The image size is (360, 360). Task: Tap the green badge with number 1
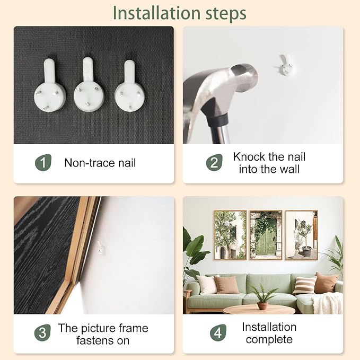43,163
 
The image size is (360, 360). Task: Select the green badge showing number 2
214,163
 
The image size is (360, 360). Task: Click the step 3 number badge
42,332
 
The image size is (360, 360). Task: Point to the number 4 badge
218,332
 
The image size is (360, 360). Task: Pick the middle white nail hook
89,84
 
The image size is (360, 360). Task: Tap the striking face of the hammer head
244,77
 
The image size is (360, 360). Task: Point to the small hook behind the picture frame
101,248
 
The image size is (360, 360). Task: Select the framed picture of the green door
266,235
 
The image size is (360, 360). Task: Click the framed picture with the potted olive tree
302,235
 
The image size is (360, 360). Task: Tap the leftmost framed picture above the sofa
230,235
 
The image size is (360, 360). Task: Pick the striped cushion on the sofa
304,286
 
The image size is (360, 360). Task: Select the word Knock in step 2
249,157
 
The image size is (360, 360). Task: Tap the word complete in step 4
269,339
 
